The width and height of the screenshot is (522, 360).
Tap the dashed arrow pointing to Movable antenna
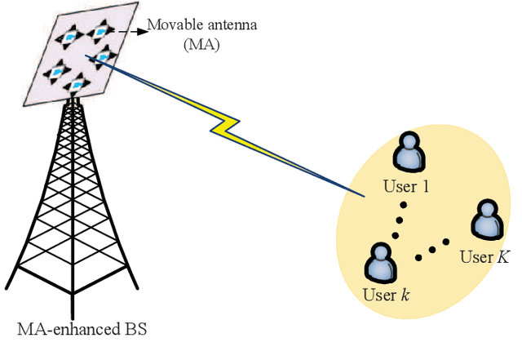(130, 31)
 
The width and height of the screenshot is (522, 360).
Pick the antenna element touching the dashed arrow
(100, 32)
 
